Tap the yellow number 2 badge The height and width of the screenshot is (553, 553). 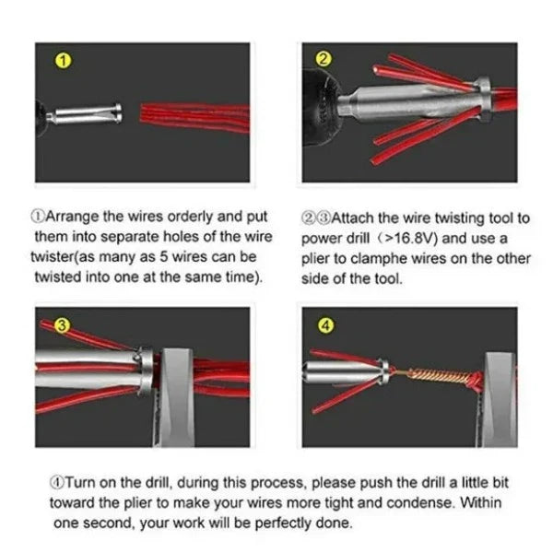click(324, 58)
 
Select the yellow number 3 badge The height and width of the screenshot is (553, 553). click(62, 325)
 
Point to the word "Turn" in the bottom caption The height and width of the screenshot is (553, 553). click(76, 483)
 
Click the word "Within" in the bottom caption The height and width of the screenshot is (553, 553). click(481, 503)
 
